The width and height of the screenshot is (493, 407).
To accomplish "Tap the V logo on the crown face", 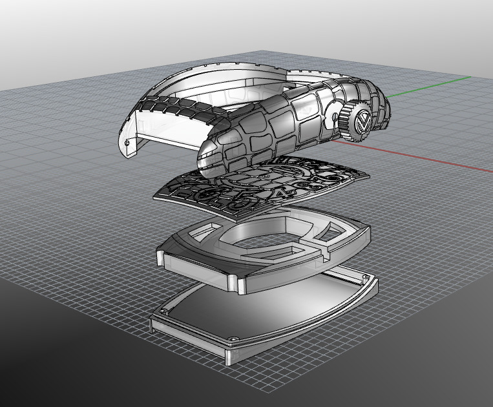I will (362, 123).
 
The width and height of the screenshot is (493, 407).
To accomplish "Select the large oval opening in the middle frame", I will (258, 242).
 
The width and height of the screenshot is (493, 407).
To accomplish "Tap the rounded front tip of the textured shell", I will (205, 155).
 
